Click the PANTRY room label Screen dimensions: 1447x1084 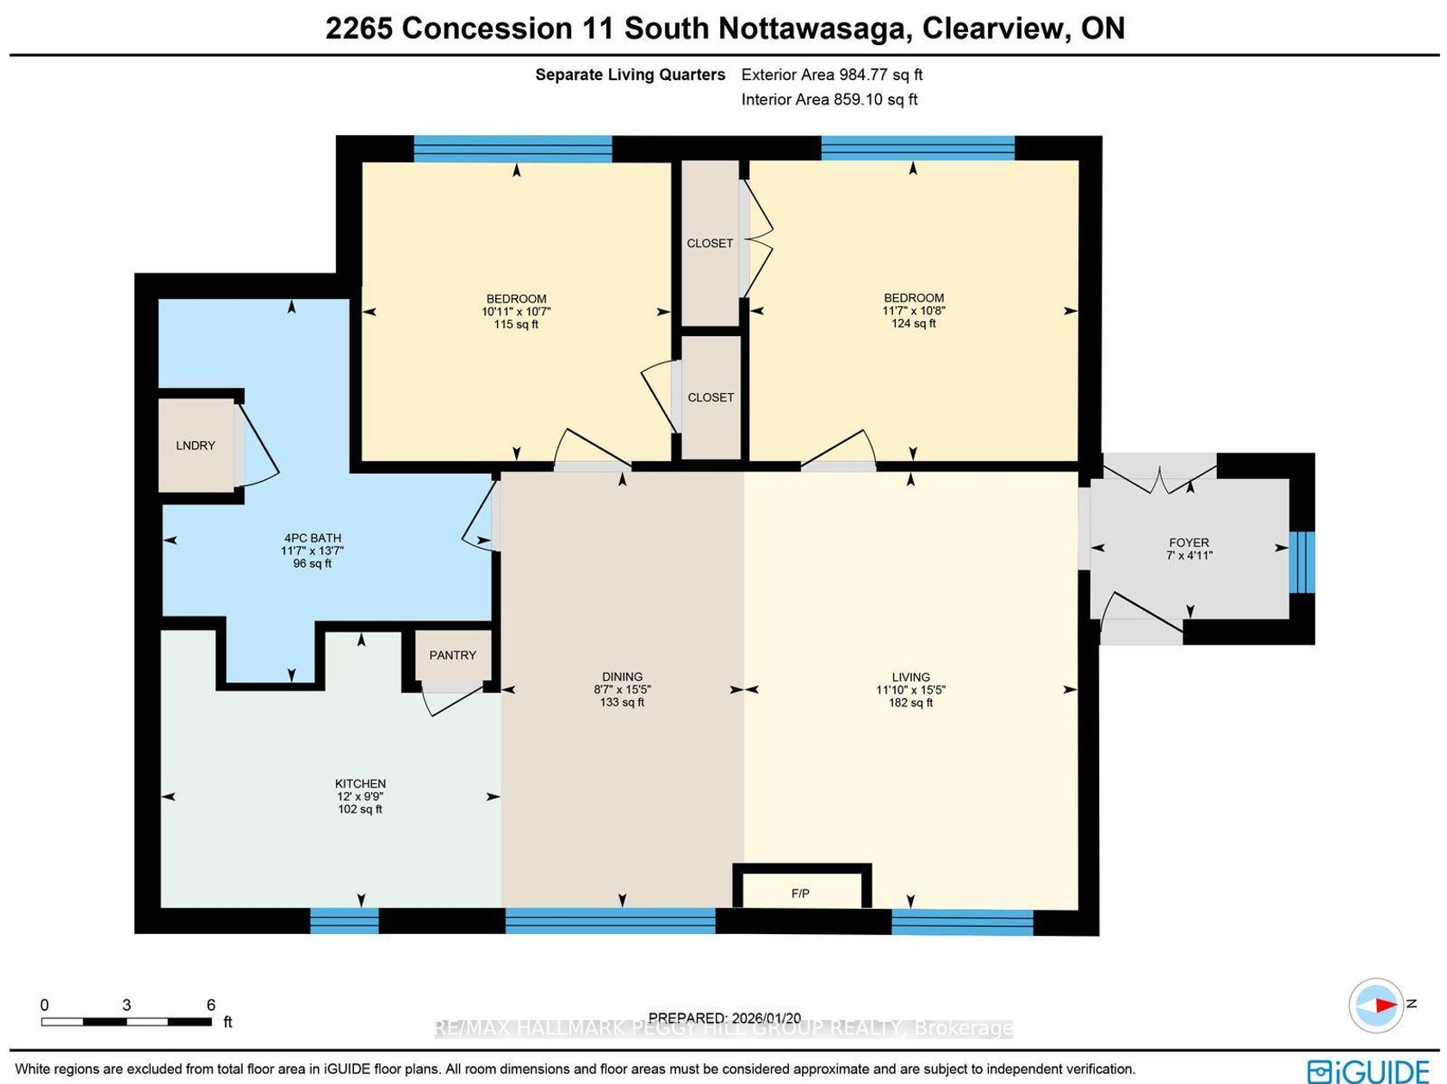point(452,655)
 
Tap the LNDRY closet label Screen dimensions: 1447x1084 point(196,445)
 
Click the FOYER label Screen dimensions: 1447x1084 point(1189,543)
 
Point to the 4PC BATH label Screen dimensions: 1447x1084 point(313,538)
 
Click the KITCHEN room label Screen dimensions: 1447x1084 point(360,784)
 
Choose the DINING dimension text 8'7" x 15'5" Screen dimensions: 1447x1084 point(623,689)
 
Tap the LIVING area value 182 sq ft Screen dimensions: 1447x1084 point(910,703)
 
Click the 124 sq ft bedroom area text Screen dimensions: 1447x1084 point(913,324)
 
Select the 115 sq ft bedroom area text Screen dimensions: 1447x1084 point(516,324)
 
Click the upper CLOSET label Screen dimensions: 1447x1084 point(710,243)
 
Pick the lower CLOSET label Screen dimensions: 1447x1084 point(711,397)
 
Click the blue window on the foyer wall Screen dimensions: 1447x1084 point(1302,563)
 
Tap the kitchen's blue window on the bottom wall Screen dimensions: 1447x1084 point(345,920)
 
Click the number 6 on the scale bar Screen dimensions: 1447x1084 point(211,1005)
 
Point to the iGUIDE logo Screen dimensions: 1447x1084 point(1368,1071)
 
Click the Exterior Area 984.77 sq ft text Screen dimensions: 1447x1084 point(832,75)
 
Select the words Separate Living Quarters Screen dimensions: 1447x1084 point(630,75)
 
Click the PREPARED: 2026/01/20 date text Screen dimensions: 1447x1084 point(724,1019)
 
